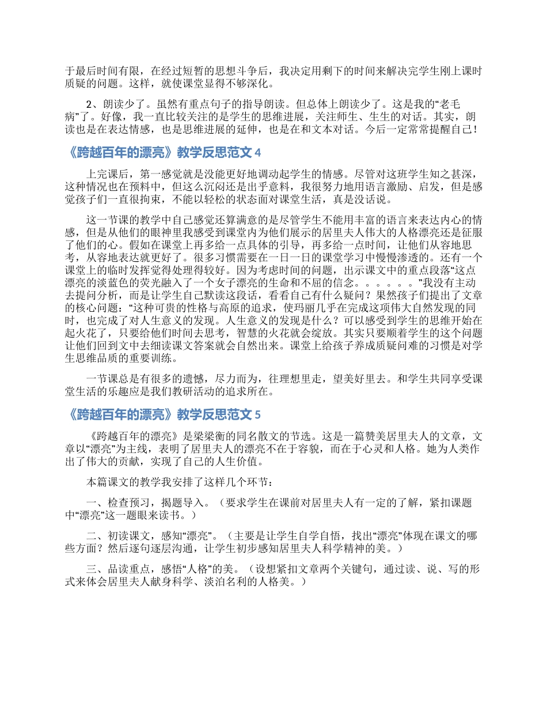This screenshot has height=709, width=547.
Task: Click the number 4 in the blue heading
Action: (x=257, y=153)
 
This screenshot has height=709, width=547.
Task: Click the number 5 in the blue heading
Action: (x=257, y=414)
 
